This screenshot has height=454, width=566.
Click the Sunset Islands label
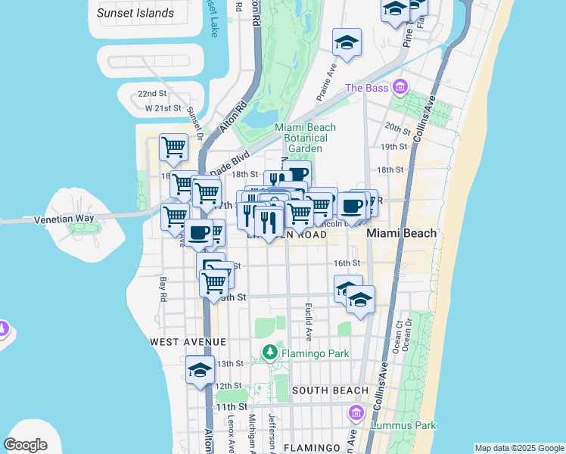pyautogui.click(x=135, y=13)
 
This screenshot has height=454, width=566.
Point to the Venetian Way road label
pyautogui.click(x=64, y=219)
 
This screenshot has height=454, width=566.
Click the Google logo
pyautogui.click(x=26, y=445)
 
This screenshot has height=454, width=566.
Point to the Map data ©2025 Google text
pyautogui.click(x=518, y=448)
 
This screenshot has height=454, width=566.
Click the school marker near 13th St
pyautogui.click(x=200, y=370)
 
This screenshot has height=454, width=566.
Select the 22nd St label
pyautogui.click(x=152, y=93)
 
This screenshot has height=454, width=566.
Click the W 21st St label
pyautogui.click(x=163, y=108)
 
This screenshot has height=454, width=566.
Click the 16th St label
pyautogui.click(x=347, y=263)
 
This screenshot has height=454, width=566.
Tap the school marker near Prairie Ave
pyautogui.click(x=347, y=43)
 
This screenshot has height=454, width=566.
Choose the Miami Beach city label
pyautogui.click(x=402, y=233)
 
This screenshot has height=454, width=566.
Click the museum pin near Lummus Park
pyautogui.click(x=356, y=414)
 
